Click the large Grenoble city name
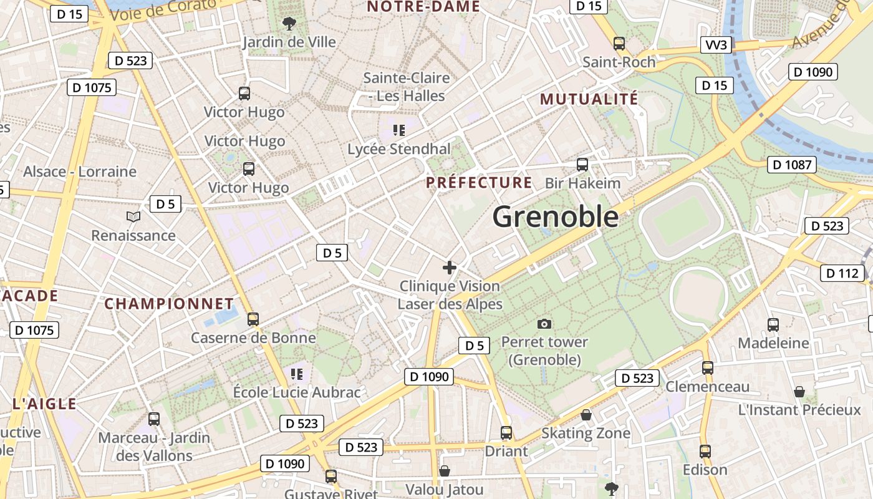pyautogui.click(x=556, y=216)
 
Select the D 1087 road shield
pyautogui.click(x=792, y=165)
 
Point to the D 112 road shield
pyautogui.click(x=842, y=273)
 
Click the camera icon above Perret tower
pyautogui.click(x=544, y=324)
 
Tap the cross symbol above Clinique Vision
pyautogui.click(x=449, y=268)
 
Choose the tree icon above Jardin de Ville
pyautogui.click(x=289, y=24)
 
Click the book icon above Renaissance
pyautogui.click(x=133, y=216)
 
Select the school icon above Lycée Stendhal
pyautogui.click(x=399, y=130)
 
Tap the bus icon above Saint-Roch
pyautogui.click(x=619, y=44)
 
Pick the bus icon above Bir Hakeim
pyautogui.click(x=582, y=165)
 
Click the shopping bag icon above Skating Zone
pyautogui.click(x=586, y=415)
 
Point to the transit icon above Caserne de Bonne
pyautogui.click(x=253, y=319)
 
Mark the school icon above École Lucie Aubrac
pyautogui.click(x=297, y=374)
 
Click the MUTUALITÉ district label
pyautogui.click(x=589, y=99)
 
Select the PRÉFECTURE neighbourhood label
pyautogui.click(x=479, y=183)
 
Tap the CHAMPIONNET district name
pyautogui.click(x=169, y=304)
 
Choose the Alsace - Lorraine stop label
pyautogui.click(x=80, y=172)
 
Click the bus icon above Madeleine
pyautogui.click(x=773, y=324)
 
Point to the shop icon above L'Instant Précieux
pyautogui.click(x=799, y=392)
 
